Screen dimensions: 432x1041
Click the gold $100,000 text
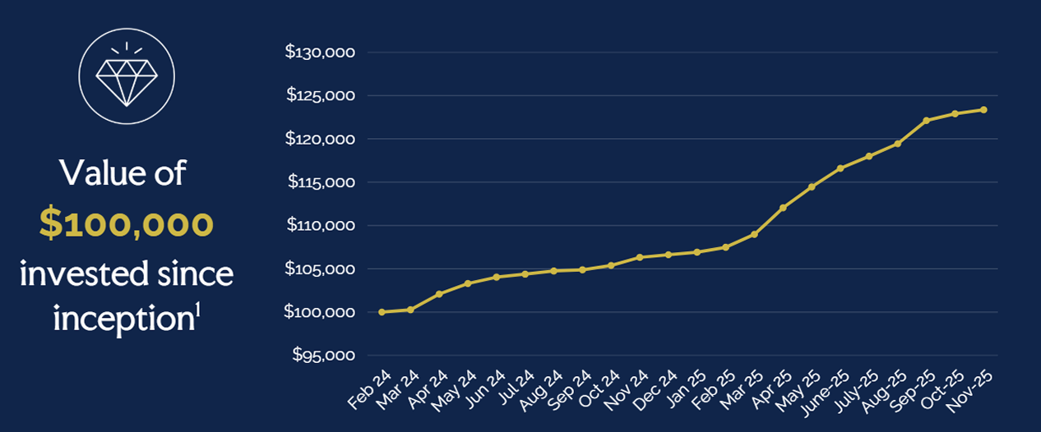[x=127, y=224]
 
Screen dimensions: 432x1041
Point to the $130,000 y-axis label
[x=320, y=53]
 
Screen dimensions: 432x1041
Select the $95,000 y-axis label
[x=323, y=356]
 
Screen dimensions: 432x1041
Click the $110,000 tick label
[x=320, y=226]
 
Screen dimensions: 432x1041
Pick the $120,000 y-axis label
[x=320, y=139]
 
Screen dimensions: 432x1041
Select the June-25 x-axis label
[x=826, y=391]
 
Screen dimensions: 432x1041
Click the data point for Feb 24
[x=382, y=312]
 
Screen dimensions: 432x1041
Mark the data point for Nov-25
[x=983, y=109]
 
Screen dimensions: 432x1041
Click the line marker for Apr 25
[x=783, y=208]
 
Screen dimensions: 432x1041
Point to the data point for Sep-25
[x=926, y=121]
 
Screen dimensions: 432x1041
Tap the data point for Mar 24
[x=410, y=310]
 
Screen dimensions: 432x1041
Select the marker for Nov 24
[x=640, y=257]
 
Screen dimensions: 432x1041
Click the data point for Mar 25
[x=754, y=234]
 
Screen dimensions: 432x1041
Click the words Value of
[x=123, y=174]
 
